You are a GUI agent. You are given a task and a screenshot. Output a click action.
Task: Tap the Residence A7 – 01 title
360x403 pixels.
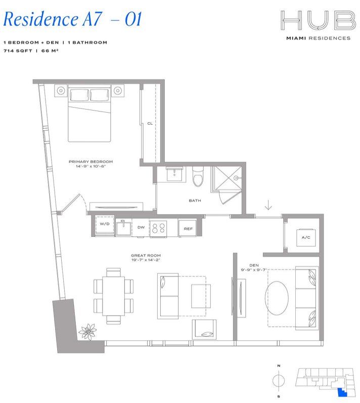tap(71, 19)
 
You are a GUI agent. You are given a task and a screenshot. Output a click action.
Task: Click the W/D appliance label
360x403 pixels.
tap(105, 224)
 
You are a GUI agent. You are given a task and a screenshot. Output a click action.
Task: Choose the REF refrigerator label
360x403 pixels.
tap(188, 229)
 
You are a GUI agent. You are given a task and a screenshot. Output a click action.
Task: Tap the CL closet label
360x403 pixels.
tap(150, 123)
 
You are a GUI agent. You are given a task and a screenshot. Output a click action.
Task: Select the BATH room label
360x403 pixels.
tap(195, 200)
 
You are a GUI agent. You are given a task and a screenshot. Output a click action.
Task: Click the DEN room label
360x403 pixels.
tap(254, 265)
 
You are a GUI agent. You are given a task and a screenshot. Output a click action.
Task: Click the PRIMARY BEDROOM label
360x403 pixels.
tap(91, 162)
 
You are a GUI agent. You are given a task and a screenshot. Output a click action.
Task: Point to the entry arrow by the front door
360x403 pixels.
tap(268, 205)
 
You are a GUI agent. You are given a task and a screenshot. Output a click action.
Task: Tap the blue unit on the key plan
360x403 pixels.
tap(342, 390)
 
